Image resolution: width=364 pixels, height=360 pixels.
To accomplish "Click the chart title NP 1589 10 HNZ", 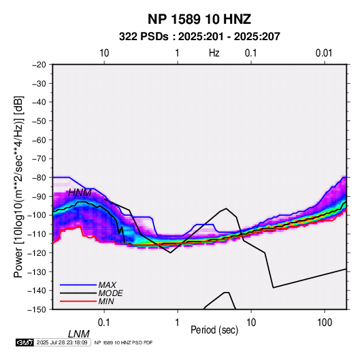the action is pyautogui.click(x=199, y=19).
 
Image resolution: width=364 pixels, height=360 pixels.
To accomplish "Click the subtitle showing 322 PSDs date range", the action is pyautogui.click(x=199, y=37).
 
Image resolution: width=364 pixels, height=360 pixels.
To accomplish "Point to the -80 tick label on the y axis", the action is pyautogui.click(x=39, y=178).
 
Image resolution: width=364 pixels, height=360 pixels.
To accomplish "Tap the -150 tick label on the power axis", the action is pyautogui.click(x=37, y=310).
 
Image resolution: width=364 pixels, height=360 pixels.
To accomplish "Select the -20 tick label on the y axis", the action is pyautogui.click(x=39, y=65).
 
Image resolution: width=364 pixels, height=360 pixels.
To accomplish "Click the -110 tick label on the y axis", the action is pyautogui.click(x=37, y=234).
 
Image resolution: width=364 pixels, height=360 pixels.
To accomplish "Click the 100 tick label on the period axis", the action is pyautogui.click(x=325, y=323).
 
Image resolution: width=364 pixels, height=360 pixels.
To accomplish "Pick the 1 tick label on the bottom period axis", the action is pyautogui.click(x=178, y=323).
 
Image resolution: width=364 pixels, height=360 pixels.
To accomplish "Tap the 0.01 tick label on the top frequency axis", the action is pyautogui.click(x=324, y=53).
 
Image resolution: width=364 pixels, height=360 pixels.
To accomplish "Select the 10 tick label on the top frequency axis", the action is pyautogui.click(x=104, y=53).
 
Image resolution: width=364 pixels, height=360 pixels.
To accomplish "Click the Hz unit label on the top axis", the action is pyautogui.click(x=214, y=53).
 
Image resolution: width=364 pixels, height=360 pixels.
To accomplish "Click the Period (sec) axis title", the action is pyautogui.click(x=214, y=330).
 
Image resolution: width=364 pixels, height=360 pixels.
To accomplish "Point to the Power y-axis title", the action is pyautogui.click(x=18, y=186).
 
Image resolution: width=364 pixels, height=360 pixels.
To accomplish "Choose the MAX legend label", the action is pyautogui.click(x=107, y=284).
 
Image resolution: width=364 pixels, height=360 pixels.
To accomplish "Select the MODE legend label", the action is pyautogui.click(x=110, y=293).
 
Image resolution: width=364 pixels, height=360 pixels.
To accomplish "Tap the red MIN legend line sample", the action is pyautogui.click(x=78, y=301).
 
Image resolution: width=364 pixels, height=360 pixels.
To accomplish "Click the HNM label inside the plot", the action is pyautogui.click(x=80, y=193).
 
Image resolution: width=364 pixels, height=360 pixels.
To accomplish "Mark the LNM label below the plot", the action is pyautogui.click(x=78, y=334).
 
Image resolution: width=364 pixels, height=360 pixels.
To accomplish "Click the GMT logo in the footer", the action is pyautogui.click(x=24, y=342).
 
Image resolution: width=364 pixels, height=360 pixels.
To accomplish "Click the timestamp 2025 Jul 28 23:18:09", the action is pyautogui.click(x=62, y=342).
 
